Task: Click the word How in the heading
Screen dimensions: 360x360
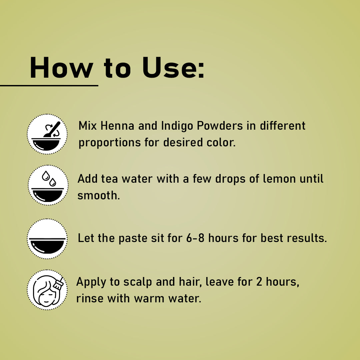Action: (62, 68)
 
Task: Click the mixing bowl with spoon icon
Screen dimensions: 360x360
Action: (47, 134)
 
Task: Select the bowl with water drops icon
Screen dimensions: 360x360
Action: (48, 185)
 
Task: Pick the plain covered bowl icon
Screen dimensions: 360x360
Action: (47, 239)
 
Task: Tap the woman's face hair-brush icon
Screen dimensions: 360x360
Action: (47, 290)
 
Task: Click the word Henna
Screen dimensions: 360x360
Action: (117, 126)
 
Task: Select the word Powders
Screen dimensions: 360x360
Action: (220, 126)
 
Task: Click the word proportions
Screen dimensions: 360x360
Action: (110, 143)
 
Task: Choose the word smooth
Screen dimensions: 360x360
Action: (98, 196)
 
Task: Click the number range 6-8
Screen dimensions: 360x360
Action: (195, 238)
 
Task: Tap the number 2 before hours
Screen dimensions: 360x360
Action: (259, 282)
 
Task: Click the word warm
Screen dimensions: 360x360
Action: (149, 299)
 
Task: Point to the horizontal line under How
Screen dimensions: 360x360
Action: (49, 86)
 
